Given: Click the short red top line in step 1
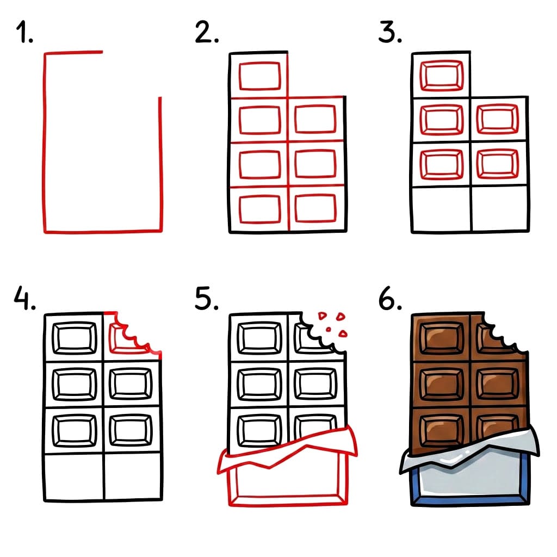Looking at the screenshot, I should point(73,53).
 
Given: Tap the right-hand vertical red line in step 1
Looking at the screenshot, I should point(160,163).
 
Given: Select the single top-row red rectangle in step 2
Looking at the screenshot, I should point(259,76).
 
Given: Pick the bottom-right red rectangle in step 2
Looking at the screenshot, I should point(315,207).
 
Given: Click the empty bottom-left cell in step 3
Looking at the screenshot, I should point(441,209).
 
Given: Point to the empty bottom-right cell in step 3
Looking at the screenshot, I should point(499,209).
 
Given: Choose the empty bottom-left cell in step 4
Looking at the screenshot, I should point(74,477).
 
